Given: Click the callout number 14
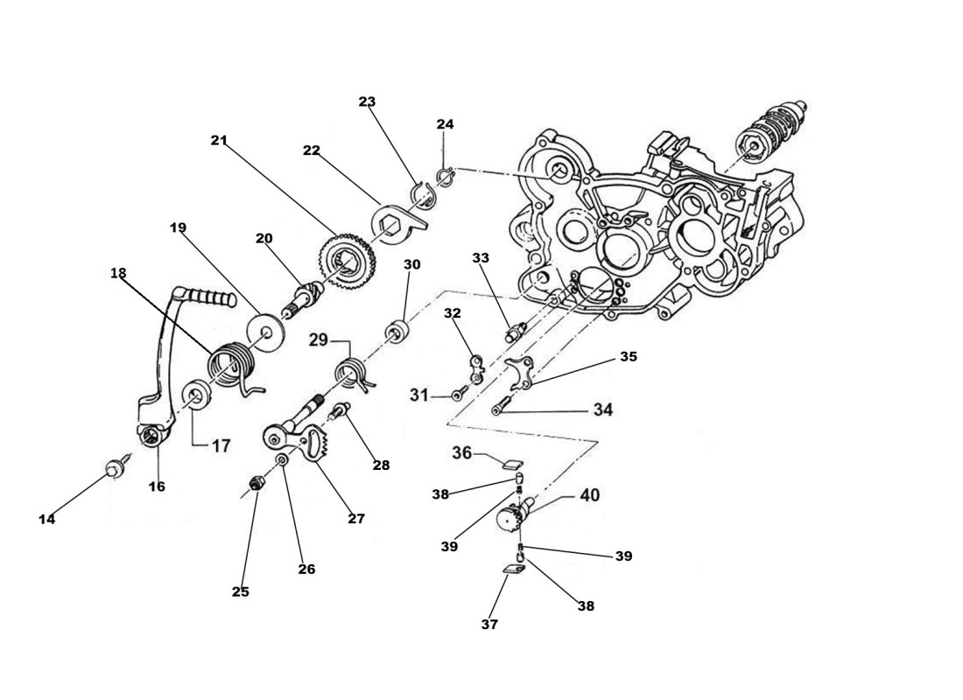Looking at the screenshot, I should [46, 519].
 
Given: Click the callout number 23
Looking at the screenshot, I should [367, 101].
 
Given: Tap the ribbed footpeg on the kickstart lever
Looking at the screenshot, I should [210, 297].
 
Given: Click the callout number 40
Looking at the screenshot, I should [590, 495].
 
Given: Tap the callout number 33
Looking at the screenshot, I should [480, 258].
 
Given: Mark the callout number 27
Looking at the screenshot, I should [355, 519].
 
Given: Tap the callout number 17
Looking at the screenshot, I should [220, 445].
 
